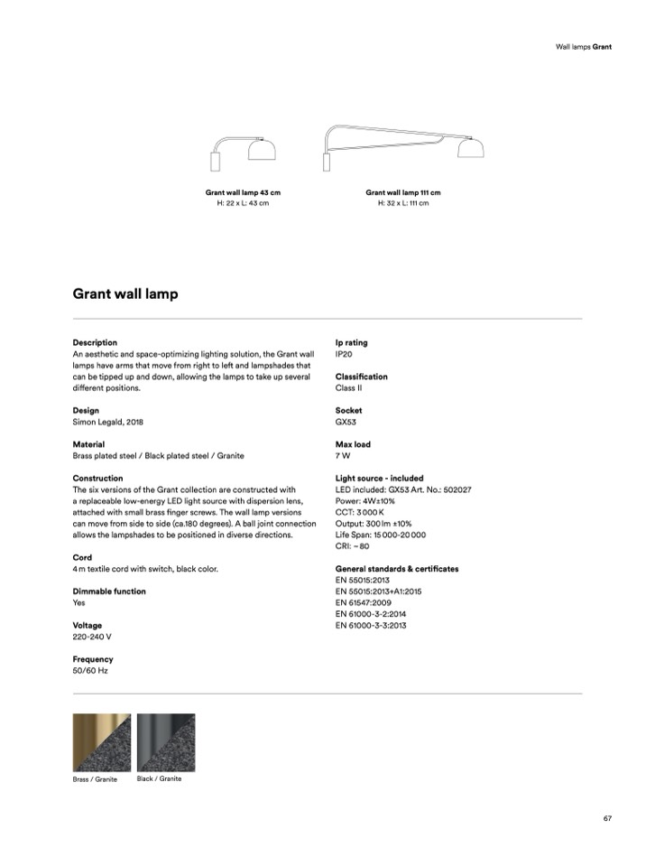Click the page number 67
pos(608,818)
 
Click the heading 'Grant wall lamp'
pos(125,293)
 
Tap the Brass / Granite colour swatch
pos(101,742)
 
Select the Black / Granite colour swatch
pos(166,742)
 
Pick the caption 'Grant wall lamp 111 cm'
pos(402,192)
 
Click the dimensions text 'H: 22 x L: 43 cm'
pos(243,203)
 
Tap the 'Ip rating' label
pos(351,343)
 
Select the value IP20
pos(345,354)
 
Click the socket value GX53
pos(346,422)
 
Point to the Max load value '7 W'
pos(343,456)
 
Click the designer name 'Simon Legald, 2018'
pos(107,422)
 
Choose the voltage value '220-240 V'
pos(92,637)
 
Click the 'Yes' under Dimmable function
pos(78,602)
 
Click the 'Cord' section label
pos(82,558)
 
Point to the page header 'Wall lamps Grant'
pos(584,46)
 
